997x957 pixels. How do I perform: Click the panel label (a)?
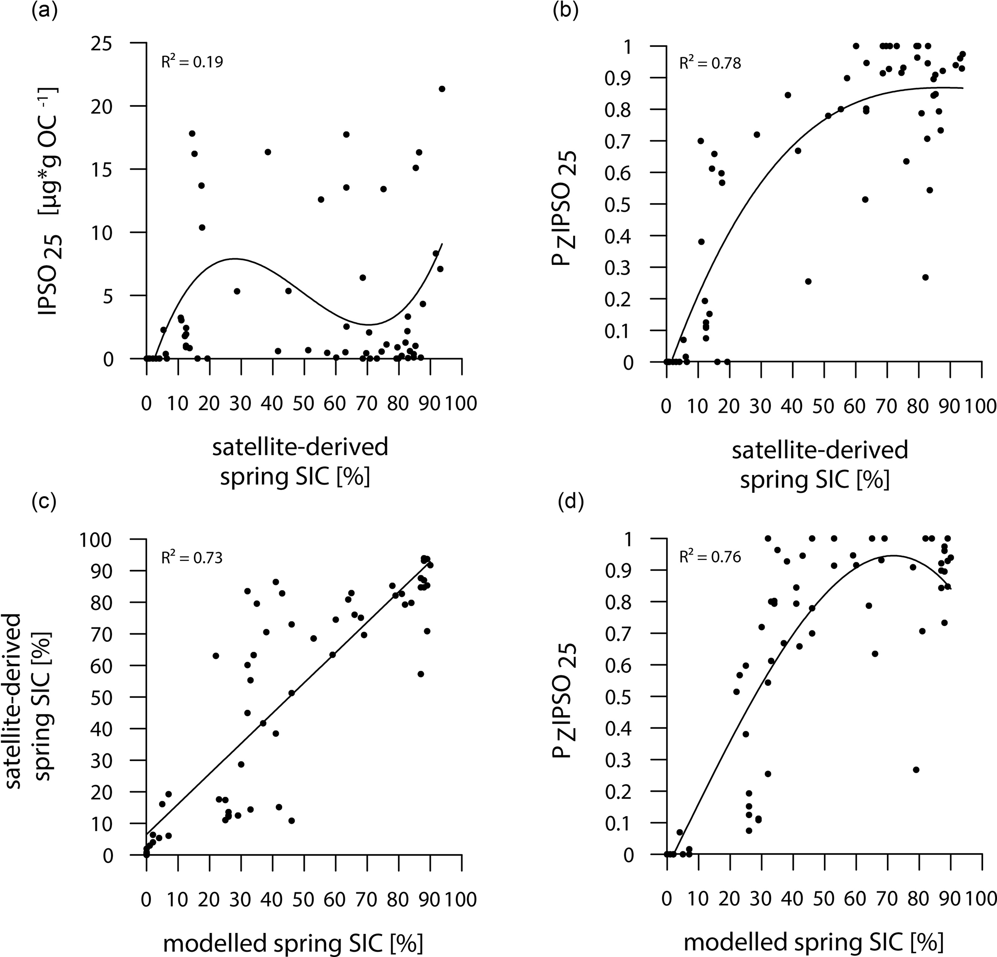click(x=44, y=11)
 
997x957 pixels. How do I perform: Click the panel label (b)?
click(x=565, y=11)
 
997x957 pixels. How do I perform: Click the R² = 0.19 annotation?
click(x=192, y=62)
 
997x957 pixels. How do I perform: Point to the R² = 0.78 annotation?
click(x=710, y=63)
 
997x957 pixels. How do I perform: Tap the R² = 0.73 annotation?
click(x=192, y=558)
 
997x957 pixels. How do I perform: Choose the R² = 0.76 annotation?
click(x=710, y=557)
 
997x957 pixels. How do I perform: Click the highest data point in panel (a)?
click(x=441, y=89)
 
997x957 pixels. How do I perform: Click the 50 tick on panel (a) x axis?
click(x=304, y=403)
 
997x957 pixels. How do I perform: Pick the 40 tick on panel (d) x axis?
click(x=792, y=899)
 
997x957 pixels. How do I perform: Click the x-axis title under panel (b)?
click(x=819, y=465)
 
